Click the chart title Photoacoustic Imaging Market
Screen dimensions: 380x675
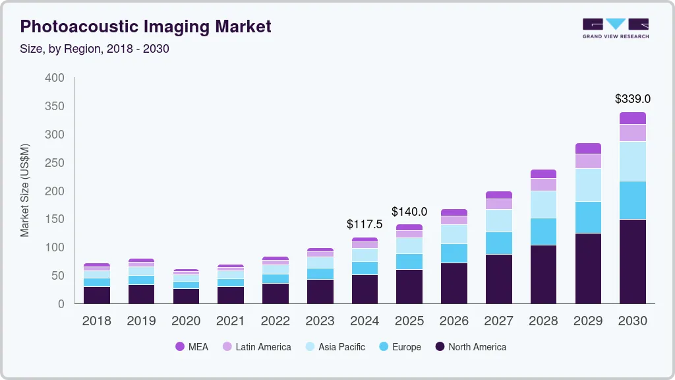point(146,27)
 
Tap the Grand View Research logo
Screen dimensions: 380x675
point(615,28)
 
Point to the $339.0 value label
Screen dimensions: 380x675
point(632,99)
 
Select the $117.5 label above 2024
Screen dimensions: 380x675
point(365,224)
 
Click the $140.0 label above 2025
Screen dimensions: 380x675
point(409,212)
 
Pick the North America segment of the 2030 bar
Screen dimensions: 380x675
point(632,261)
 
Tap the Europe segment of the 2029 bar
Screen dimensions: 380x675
point(588,217)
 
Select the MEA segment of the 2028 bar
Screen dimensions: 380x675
point(543,174)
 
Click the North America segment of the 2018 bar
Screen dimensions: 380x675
point(97,295)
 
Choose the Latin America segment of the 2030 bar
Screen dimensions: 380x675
point(632,133)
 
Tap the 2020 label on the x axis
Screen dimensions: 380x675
point(186,321)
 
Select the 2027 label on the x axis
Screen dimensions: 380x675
point(498,321)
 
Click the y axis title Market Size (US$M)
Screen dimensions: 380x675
point(25,190)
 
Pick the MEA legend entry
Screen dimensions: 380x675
point(191,346)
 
